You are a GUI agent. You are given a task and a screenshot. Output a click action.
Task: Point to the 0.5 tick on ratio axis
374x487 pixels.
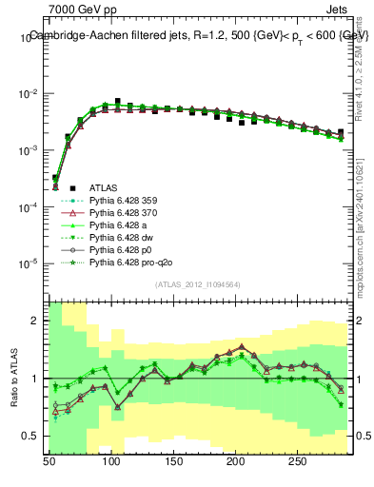coord(30,436)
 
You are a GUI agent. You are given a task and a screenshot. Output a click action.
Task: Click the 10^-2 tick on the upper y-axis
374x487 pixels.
coord(26,93)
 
